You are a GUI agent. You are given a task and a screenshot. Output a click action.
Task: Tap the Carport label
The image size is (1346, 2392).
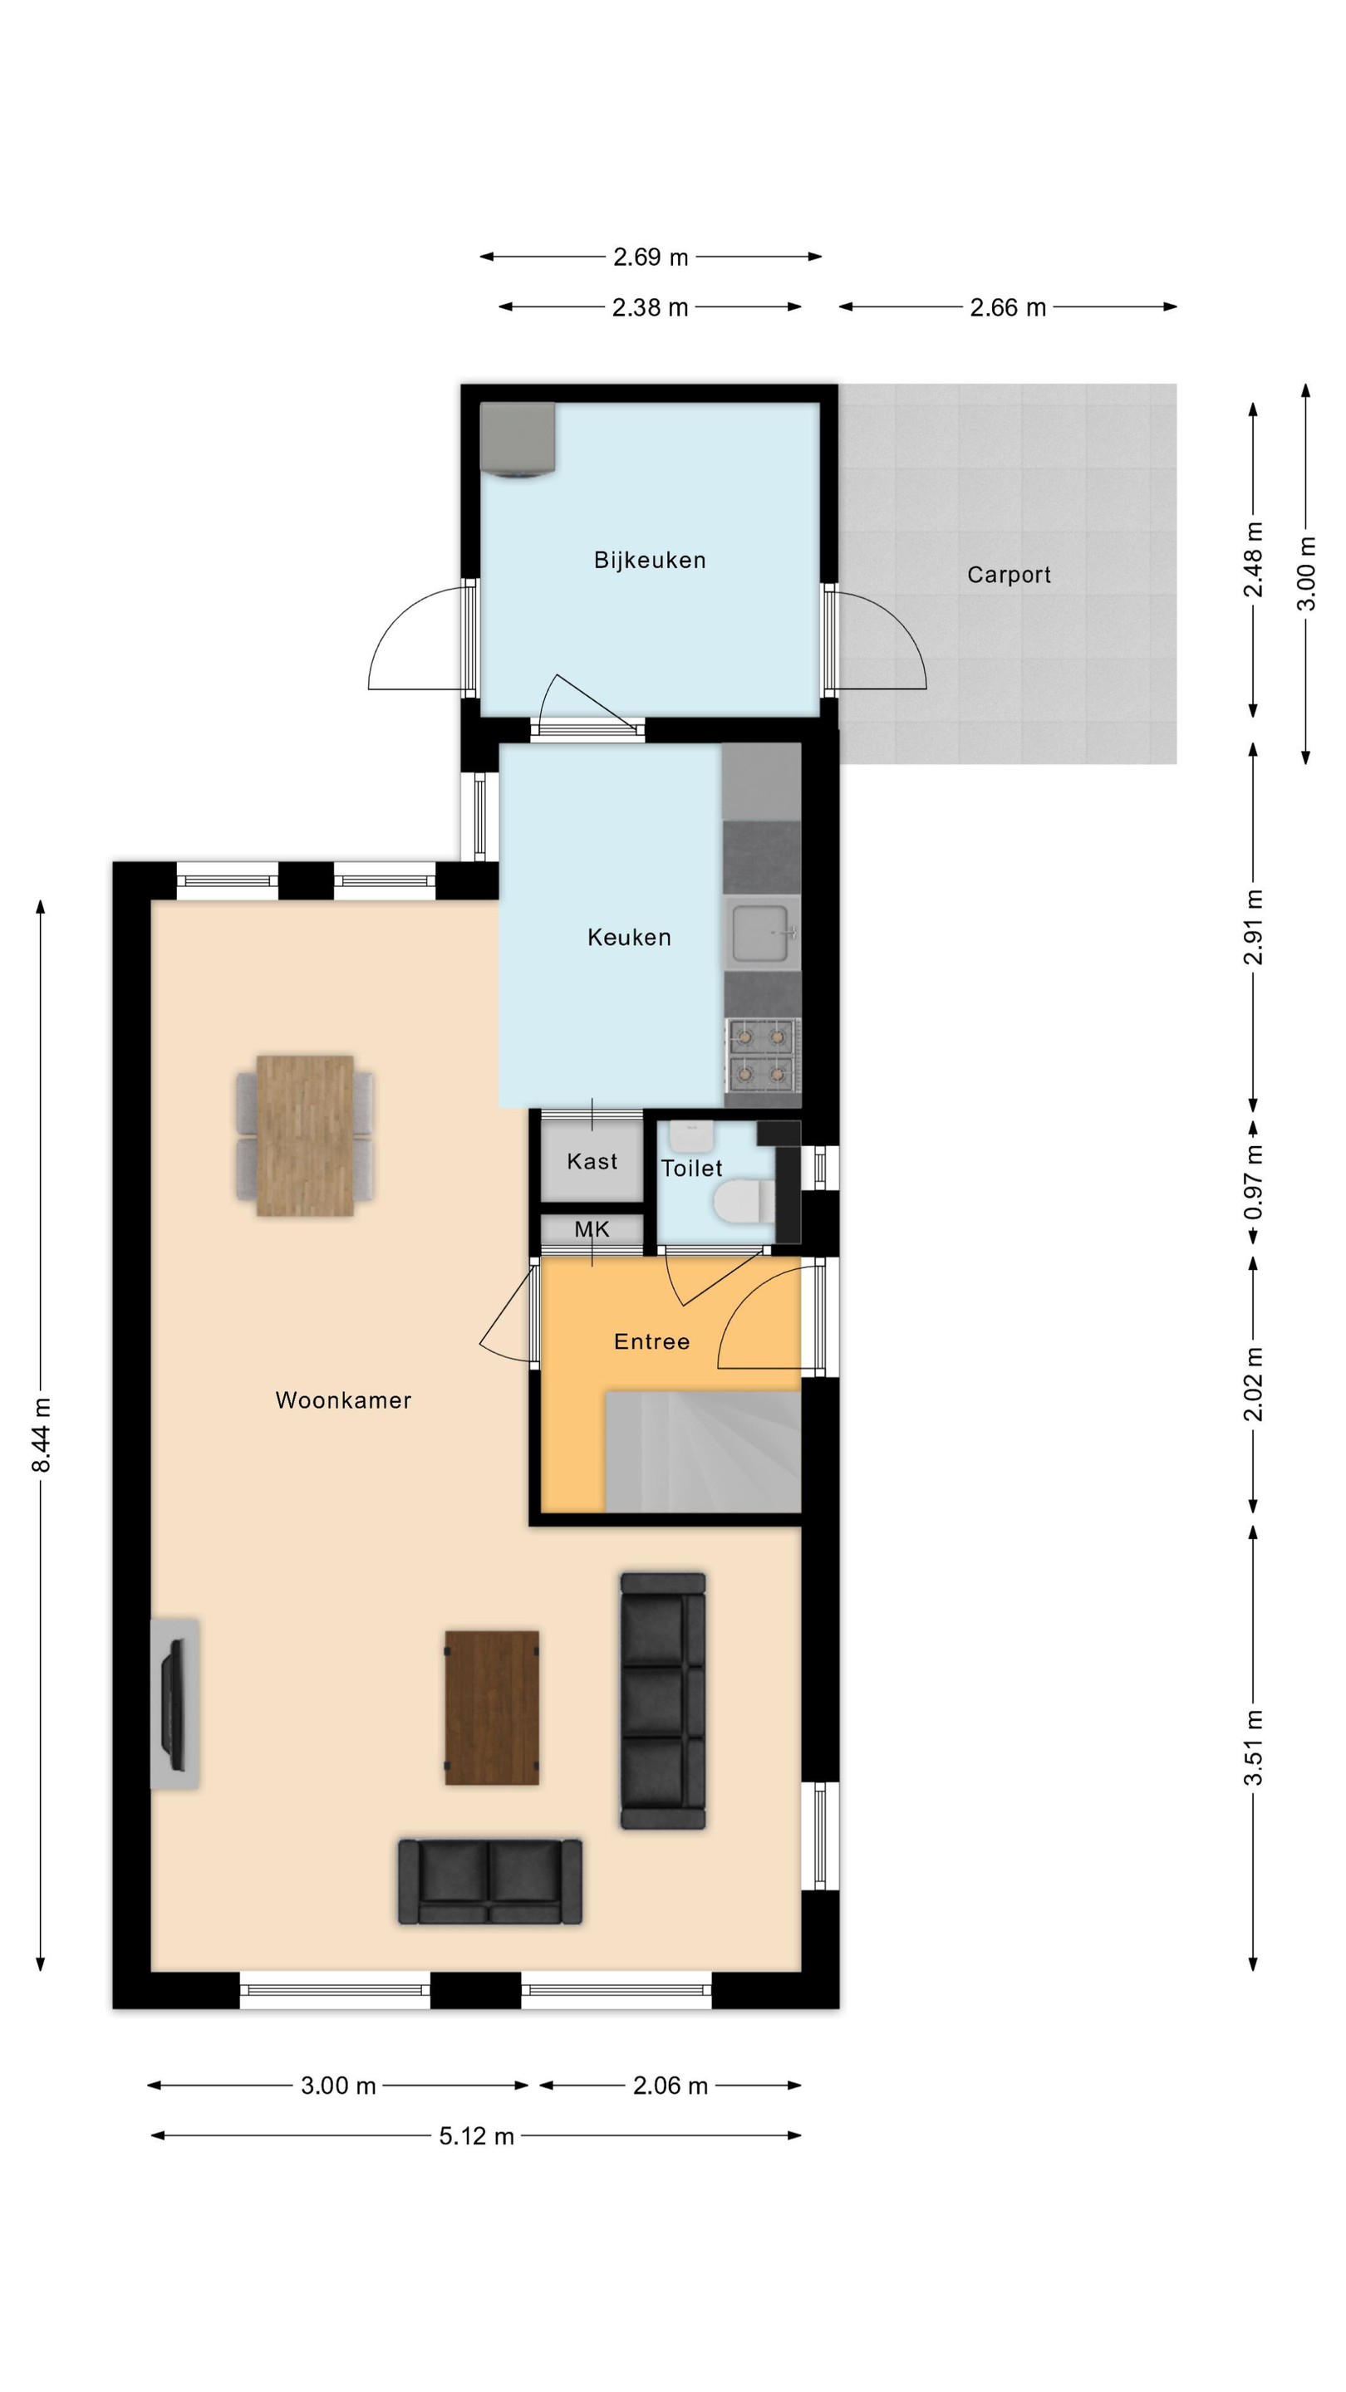1009,575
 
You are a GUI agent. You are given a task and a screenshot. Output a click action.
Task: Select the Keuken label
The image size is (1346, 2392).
629,937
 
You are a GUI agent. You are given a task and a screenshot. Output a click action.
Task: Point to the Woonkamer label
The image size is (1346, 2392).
343,1400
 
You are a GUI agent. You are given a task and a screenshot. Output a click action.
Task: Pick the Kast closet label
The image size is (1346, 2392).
592,1161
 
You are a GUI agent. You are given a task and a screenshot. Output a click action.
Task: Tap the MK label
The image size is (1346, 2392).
592,1229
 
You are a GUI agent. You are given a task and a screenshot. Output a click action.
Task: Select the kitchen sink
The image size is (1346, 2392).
761,932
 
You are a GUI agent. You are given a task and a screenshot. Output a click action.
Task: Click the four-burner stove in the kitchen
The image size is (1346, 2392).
762,1055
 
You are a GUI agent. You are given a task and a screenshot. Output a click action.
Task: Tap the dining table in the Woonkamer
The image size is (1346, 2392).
305,1135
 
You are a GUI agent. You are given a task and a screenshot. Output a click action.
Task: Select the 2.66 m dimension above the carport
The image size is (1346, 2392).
1008,307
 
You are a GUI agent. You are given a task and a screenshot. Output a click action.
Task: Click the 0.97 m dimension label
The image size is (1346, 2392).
1253,1182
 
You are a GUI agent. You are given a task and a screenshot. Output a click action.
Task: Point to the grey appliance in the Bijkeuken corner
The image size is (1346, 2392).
518,440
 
